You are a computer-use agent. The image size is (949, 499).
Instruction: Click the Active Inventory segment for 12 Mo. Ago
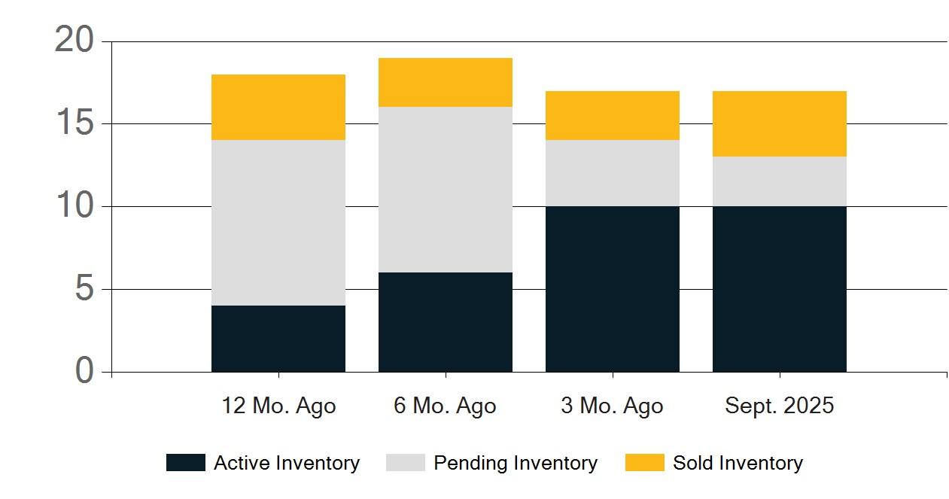[278, 339]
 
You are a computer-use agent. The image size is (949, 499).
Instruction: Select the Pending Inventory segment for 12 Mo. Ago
[278, 223]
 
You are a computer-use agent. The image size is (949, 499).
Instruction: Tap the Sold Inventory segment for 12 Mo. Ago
[278, 107]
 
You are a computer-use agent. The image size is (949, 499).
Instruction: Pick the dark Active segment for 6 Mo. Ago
[446, 322]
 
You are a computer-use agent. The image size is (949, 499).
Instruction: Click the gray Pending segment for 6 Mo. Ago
[446, 190]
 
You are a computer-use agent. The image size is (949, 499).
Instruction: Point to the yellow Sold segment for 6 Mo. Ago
[446, 83]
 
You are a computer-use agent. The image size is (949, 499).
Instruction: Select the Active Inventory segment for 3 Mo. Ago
[613, 289]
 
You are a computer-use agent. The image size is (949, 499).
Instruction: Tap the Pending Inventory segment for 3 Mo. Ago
[613, 173]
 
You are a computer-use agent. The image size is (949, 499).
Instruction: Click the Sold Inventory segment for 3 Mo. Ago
[613, 116]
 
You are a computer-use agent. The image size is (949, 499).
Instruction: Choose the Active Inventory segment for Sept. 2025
[780, 289]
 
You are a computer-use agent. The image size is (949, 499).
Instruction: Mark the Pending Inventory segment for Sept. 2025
[780, 181]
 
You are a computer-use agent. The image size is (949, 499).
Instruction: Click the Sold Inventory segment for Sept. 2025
[780, 123]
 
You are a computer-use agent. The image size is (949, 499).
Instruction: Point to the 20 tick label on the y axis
[75, 39]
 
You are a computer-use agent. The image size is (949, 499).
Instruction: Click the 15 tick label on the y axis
[75, 122]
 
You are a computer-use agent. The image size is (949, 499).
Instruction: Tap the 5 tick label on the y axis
[84, 288]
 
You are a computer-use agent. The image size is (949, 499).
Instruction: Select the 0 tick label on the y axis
[84, 370]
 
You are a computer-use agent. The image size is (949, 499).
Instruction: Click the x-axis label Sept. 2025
[780, 406]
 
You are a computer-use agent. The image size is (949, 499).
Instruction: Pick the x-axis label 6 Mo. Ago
[445, 406]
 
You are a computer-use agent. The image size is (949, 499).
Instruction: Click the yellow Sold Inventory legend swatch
[645, 463]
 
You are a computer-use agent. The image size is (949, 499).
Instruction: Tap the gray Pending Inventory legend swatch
[406, 463]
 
